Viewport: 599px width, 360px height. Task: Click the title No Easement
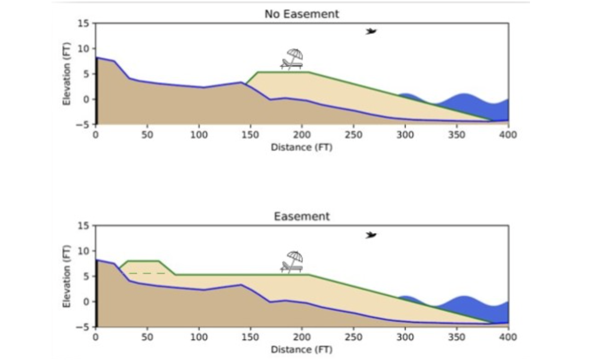(x=301, y=14)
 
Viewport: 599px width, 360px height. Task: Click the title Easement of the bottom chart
(x=301, y=216)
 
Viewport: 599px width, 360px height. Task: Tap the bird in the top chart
(x=371, y=31)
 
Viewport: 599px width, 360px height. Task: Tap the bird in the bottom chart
(x=371, y=235)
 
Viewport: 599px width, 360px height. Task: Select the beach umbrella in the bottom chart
(x=295, y=257)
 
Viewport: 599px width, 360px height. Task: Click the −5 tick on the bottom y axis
(x=84, y=327)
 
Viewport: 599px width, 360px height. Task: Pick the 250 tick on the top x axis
(x=353, y=135)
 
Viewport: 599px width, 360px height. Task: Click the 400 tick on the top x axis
(x=508, y=135)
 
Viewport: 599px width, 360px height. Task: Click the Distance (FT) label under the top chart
(x=301, y=147)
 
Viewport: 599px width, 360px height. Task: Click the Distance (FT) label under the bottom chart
(x=301, y=350)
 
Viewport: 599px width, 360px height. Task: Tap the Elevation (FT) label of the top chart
(x=67, y=74)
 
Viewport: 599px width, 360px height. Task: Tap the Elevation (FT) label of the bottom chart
(x=67, y=276)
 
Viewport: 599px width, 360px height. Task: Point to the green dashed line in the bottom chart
(x=146, y=273)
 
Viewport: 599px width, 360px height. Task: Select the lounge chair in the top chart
(x=290, y=64)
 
